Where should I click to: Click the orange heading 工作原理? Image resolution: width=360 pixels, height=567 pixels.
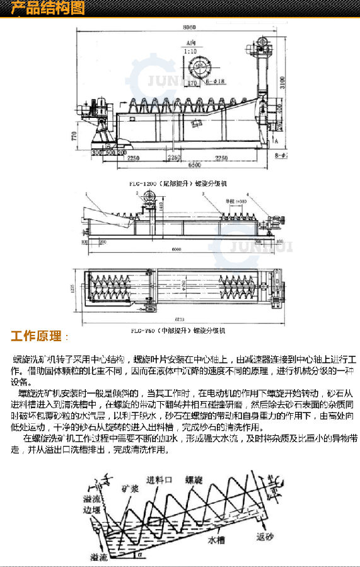[x=36, y=335]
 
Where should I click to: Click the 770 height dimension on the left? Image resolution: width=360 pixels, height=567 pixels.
[x=74, y=136]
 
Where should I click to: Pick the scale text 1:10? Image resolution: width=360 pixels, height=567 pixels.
[x=191, y=50]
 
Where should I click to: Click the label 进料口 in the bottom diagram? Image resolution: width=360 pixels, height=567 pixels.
[x=156, y=479]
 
